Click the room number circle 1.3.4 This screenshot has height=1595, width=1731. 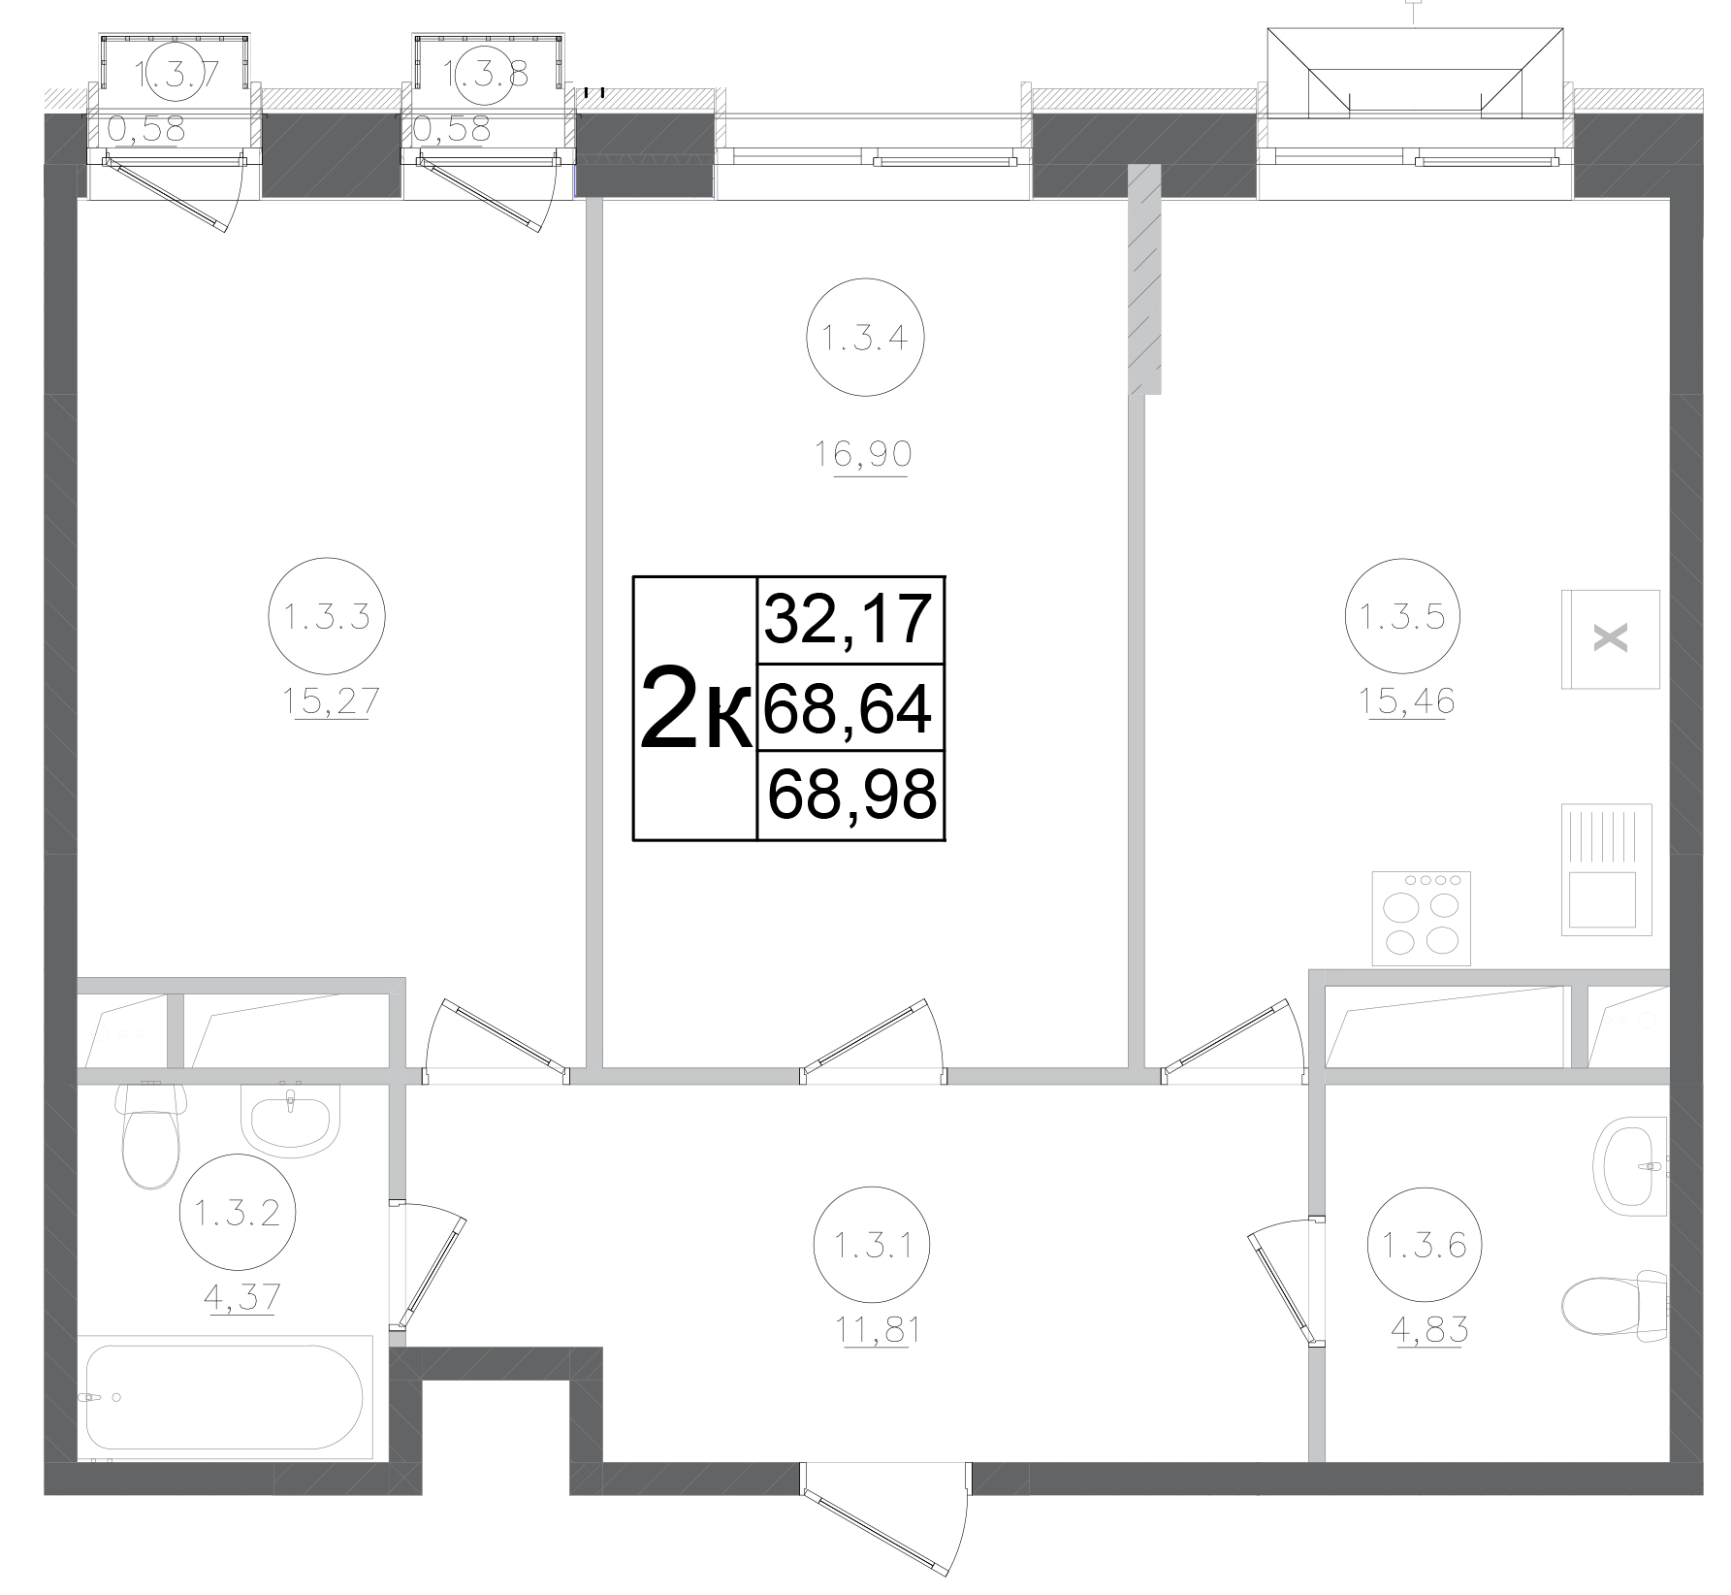coord(864,339)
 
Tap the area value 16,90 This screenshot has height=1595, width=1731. coord(863,454)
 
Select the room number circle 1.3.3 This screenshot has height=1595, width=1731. coord(327,616)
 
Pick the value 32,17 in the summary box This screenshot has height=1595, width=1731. coord(849,620)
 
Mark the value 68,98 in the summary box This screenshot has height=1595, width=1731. coord(850,796)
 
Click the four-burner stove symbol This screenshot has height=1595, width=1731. coord(1422,918)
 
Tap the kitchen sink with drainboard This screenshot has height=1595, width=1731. coord(1606,869)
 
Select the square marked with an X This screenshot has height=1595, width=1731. coord(1611,638)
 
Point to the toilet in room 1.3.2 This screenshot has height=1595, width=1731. coord(150,1135)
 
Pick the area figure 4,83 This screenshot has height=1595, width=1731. coord(1425,1329)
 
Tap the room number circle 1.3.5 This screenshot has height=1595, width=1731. coord(1402,616)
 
